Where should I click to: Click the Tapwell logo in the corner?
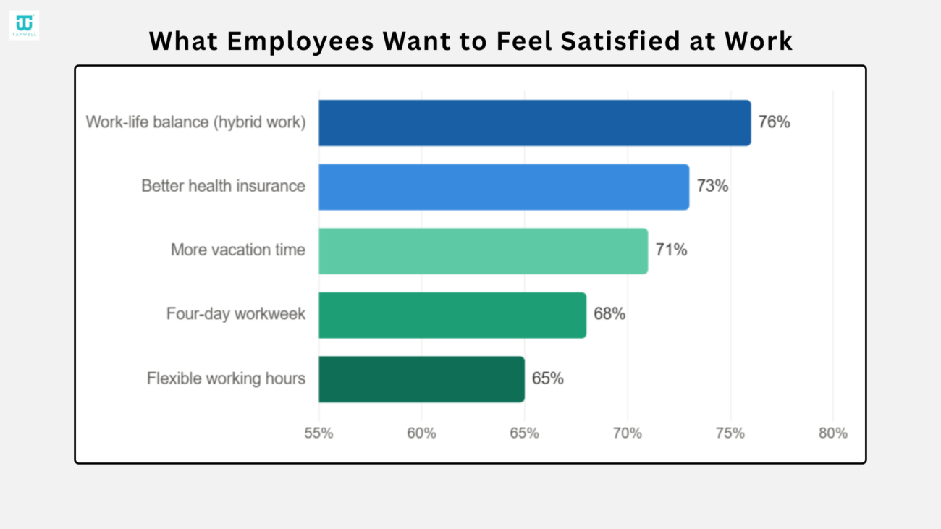click(24, 25)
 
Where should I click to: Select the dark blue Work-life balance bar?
click(535, 123)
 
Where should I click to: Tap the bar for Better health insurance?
click(504, 187)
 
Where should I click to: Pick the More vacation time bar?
click(483, 251)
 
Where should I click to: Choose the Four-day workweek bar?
click(452, 316)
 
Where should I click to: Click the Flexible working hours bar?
click(422, 379)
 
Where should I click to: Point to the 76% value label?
click(775, 122)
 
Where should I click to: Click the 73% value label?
click(712, 186)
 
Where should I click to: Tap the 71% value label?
click(671, 250)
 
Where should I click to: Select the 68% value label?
click(609, 314)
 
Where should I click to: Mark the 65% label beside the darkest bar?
click(548, 378)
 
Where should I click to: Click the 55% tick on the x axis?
click(318, 433)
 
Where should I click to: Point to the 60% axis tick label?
click(421, 433)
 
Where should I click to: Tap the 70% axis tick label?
click(628, 433)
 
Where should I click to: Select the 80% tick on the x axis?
click(833, 433)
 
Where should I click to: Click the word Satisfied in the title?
click(620, 41)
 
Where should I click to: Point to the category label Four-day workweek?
click(236, 314)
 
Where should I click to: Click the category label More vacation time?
click(237, 250)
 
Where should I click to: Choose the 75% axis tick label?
click(730, 433)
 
